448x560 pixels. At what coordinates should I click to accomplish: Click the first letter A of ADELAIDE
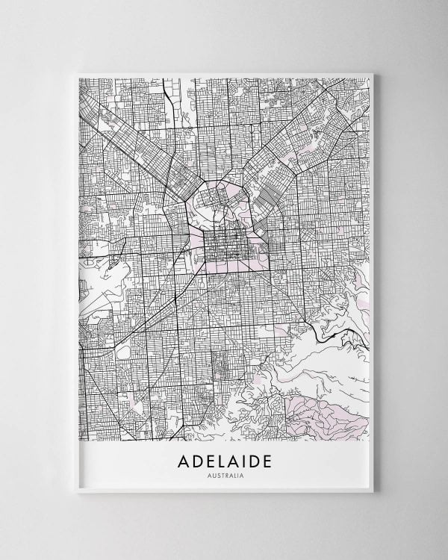coord(184,461)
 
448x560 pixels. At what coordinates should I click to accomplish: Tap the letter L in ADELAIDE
coord(220,461)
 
